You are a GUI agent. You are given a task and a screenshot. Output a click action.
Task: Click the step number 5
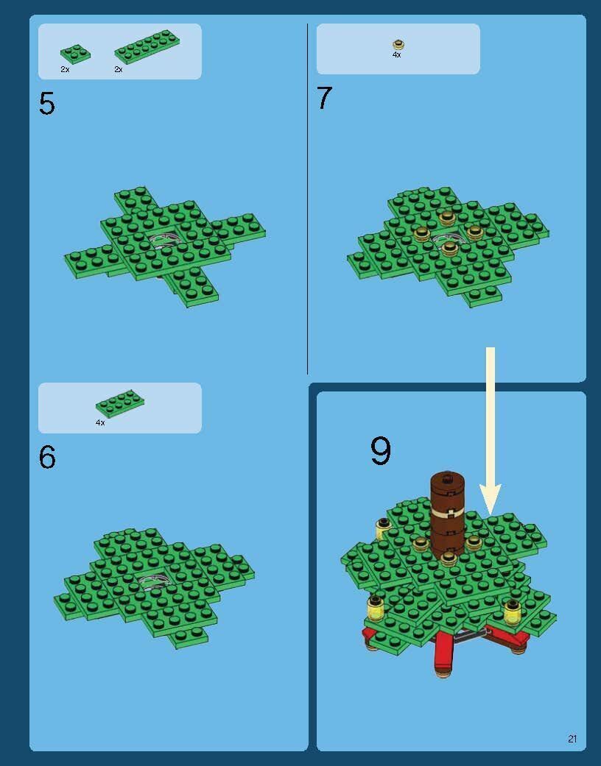[47, 104]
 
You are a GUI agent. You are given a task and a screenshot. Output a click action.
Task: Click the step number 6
[47, 457]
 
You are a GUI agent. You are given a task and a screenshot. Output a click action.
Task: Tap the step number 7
[325, 98]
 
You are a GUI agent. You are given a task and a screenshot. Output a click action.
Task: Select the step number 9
[381, 450]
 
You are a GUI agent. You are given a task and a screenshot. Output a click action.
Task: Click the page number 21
[572, 739]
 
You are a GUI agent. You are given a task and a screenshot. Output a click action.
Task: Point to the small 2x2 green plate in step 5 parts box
[75, 54]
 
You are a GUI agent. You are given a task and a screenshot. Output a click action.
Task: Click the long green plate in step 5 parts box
[145, 47]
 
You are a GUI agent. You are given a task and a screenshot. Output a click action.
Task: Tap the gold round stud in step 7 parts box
[398, 45]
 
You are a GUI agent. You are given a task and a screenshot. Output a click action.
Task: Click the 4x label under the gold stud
[396, 54]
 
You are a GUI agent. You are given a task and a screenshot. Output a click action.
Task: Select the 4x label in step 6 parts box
[100, 422]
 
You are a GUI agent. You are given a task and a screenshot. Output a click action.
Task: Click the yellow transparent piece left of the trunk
[383, 529]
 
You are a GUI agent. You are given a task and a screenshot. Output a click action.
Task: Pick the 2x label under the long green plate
[119, 69]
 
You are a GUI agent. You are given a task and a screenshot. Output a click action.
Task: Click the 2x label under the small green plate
[65, 69]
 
